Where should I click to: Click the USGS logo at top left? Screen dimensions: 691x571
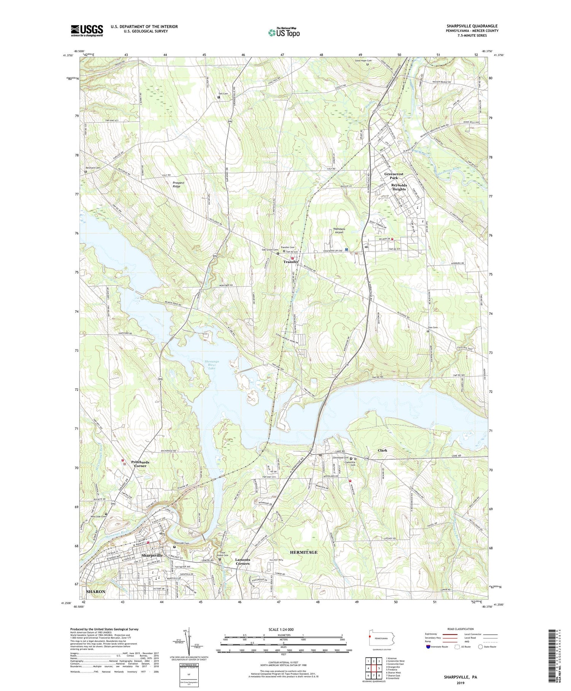click(x=87, y=30)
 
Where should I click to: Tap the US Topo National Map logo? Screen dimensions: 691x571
click(x=284, y=33)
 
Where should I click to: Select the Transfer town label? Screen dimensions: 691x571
click(x=290, y=262)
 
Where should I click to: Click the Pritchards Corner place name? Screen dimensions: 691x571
click(x=140, y=464)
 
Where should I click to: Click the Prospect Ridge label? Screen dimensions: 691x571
click(x=178, y=184)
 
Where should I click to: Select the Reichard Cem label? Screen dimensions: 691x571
click(x=93, y=168)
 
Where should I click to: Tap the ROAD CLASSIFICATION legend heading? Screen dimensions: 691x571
click(x=458, y=629)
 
